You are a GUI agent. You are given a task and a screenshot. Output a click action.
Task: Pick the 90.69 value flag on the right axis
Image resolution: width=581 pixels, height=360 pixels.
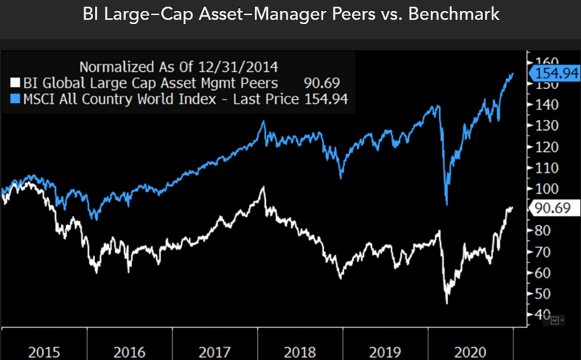click(554, 208)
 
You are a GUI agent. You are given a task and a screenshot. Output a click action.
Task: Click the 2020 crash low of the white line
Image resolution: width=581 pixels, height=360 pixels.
click(447, 302)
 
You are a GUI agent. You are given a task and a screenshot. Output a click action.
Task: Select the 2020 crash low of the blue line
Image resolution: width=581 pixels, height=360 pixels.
click(447, 204)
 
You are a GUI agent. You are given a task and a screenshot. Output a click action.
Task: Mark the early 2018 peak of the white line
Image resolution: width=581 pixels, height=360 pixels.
click(262, 188)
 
